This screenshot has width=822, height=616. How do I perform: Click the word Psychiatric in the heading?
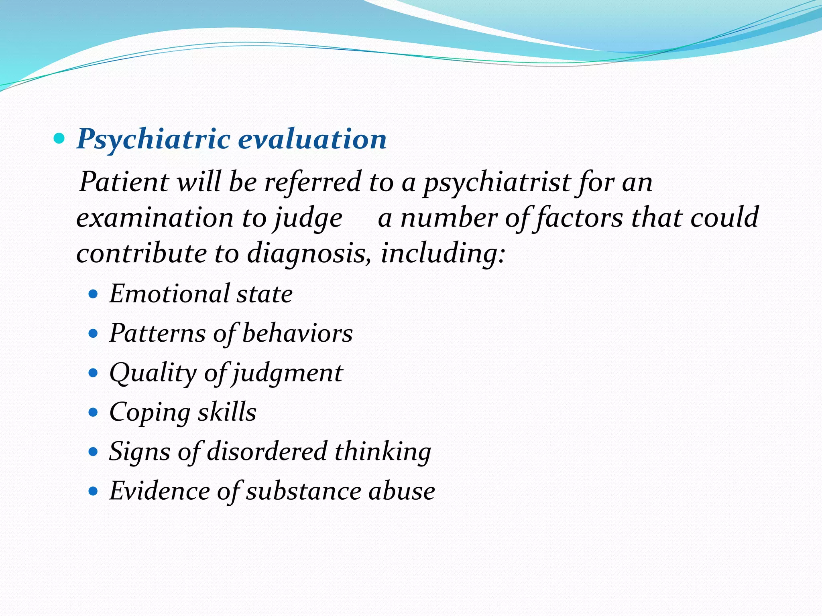pos(153,140)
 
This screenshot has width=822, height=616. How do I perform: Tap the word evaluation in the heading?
pos(312,140)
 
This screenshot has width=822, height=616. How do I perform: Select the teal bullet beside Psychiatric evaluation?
pos(59,139)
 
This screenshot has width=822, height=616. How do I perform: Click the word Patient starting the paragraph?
pos(124,182)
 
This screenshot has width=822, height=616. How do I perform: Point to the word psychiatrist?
pos(497,183)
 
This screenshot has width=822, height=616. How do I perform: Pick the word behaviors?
pos(297,333)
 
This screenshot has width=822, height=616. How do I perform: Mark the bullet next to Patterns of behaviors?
pos(93,334)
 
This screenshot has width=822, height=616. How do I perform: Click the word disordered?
pos(267,452)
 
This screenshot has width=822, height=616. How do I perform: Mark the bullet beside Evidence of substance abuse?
pos(93,491)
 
